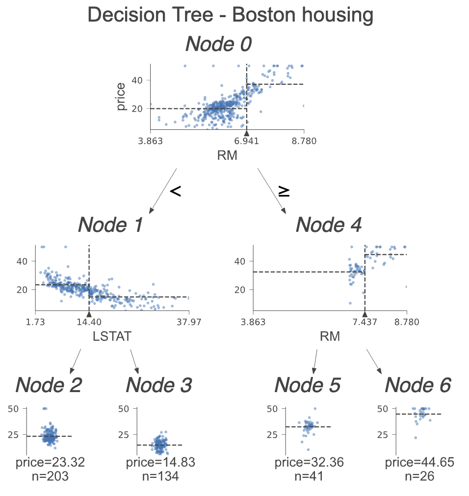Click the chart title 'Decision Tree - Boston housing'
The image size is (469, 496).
point(230,16)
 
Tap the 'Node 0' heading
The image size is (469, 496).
point(218,45)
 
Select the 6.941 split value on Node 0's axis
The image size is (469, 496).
point(247,142)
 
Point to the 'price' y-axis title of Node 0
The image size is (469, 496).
point(121,96)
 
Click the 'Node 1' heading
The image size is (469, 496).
point(110,225)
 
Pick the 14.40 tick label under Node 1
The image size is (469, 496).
point(88,322)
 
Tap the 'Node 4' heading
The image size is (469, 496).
point(329,225)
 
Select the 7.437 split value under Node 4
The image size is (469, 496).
point(365,322)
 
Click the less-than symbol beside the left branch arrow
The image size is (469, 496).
point(176,191)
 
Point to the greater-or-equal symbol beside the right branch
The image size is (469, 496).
point(284,191)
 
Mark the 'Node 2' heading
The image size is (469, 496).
point(49,385)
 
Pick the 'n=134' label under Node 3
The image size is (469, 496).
point(158,475)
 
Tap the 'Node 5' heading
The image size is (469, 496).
point(307,385)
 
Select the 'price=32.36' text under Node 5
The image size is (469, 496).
point(309,462)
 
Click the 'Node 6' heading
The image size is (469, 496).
point(417,385)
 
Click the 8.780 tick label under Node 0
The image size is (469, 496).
point(304,142)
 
